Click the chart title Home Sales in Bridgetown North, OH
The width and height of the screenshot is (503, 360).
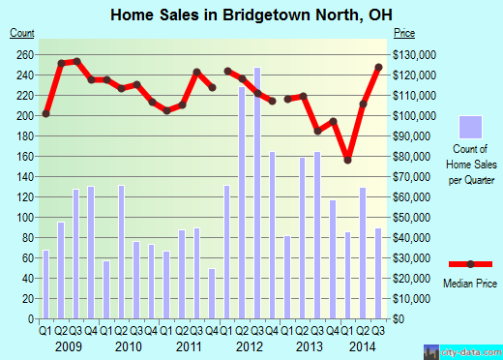(x=251, y=14)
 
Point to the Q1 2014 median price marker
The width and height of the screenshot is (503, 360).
(x=348, y=160)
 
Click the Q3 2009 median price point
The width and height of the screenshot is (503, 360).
(x=76, y=62)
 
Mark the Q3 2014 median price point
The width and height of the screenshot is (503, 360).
(x=378, y=68)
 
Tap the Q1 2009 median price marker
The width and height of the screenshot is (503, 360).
(x=45, y=114)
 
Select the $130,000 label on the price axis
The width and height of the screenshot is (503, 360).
(x=414, y=54)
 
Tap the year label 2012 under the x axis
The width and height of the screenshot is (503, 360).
(x=250, y=345)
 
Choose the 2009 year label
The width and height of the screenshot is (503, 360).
(x=69, y=345)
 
